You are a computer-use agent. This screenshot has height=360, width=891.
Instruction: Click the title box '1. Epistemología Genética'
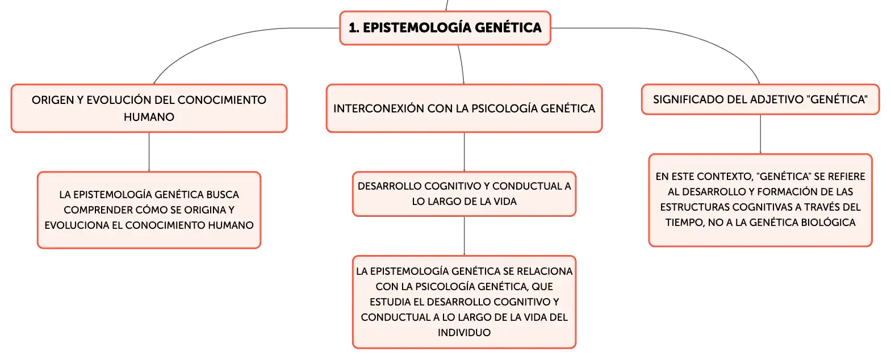tap(445, 28)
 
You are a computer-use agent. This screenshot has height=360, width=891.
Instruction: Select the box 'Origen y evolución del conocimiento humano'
tap(149, 108)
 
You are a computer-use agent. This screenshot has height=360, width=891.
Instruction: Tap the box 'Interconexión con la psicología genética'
tap(464, 108)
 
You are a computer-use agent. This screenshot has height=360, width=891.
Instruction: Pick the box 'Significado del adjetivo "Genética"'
tap(760, 99)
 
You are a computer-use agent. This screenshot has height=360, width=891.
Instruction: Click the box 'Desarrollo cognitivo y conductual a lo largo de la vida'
tap(464, 194)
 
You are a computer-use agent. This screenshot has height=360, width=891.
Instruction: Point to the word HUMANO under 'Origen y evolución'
tap(149, 117)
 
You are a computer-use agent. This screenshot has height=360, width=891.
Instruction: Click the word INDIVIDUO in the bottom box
tap(464, 333)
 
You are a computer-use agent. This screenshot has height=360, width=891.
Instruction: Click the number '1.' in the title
tap(354, 28)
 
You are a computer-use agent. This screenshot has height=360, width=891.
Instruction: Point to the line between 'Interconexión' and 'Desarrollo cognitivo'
tap(464, 152)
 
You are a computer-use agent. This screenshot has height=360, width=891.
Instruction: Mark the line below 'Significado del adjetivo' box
tap(760, 135)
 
